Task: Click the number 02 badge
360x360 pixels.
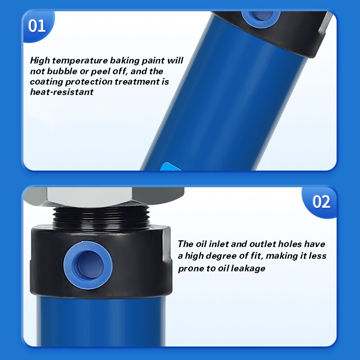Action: pos(321,202)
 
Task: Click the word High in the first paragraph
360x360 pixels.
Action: pos(40,61)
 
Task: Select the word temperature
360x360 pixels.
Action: pos(80,61)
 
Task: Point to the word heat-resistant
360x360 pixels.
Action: pos(62,92)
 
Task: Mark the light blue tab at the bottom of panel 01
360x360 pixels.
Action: pos(171,166)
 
